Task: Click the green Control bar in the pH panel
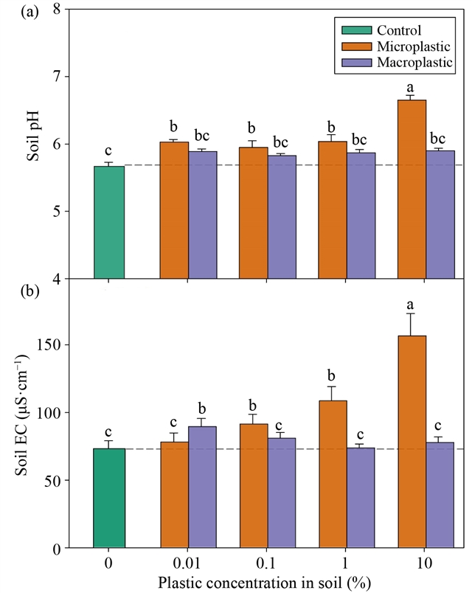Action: pyautogui.click(x=108, y=222)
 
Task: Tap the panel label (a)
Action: pyautogui.click(x=13, y=12)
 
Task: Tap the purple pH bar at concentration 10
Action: pyautogui.click(x=440, y=214)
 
